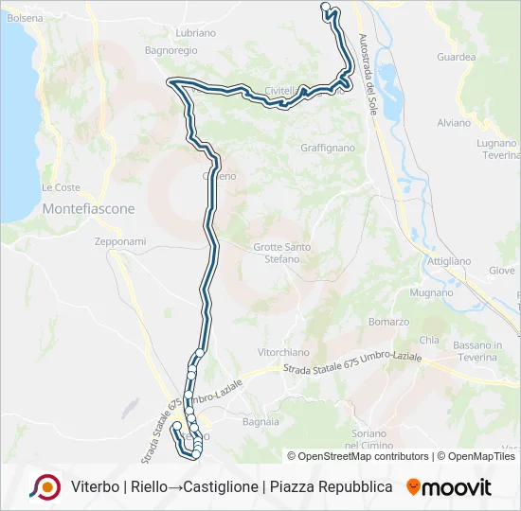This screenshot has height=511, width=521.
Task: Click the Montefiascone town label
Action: point(89,208)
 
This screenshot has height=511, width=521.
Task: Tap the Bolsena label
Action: point(25,18)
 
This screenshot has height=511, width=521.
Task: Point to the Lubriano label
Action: point(196,32)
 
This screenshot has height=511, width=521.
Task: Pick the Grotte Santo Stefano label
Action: point(282,253)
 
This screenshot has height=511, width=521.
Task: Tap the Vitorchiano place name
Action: point(284,352)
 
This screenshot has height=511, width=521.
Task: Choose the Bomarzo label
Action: point(388,322)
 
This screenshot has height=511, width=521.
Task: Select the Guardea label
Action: point(457,57)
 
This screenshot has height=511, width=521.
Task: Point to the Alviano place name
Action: point(454,123)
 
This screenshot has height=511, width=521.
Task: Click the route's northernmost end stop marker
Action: point(326,7)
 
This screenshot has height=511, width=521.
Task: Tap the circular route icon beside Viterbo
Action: point(45,486)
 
